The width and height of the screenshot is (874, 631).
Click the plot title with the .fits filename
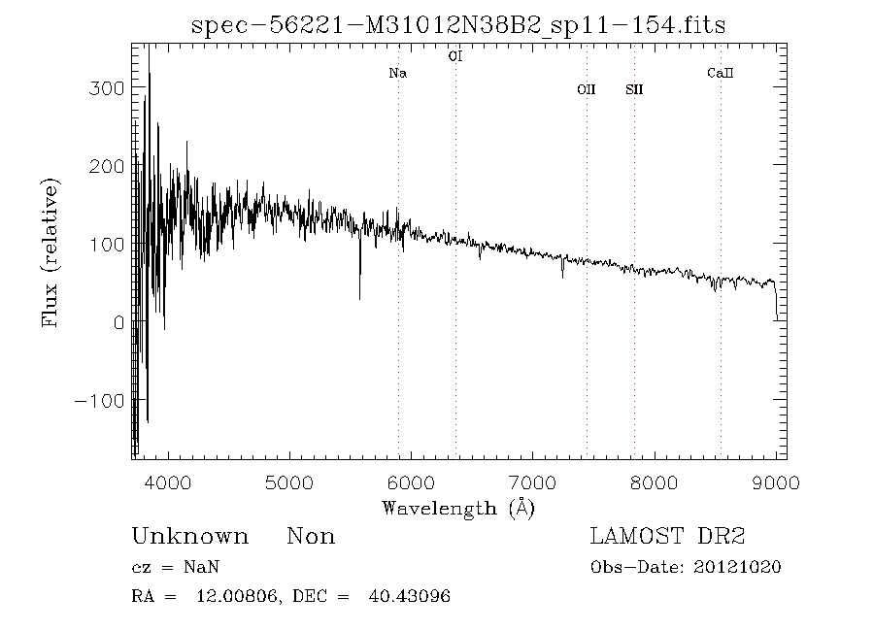(x=458, y=25)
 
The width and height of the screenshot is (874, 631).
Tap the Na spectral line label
(x=397, y=74)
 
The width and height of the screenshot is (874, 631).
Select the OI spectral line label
(x=454, y=56)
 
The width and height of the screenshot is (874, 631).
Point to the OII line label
(x=586, y=90)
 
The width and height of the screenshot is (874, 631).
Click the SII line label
(x=634, y=90)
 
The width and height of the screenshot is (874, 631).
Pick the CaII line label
(x=720, y=74)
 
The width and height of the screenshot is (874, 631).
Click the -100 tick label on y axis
(x=99, y=401)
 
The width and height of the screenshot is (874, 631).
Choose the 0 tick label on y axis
(x=118, y=322)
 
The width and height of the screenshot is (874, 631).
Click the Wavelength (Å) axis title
(x=458, y=508)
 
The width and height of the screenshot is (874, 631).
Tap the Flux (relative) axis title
(x=50, y=251)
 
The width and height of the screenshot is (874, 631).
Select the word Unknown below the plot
(x=189, y=537)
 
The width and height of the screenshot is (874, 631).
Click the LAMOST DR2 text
(x=667, y=537)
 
